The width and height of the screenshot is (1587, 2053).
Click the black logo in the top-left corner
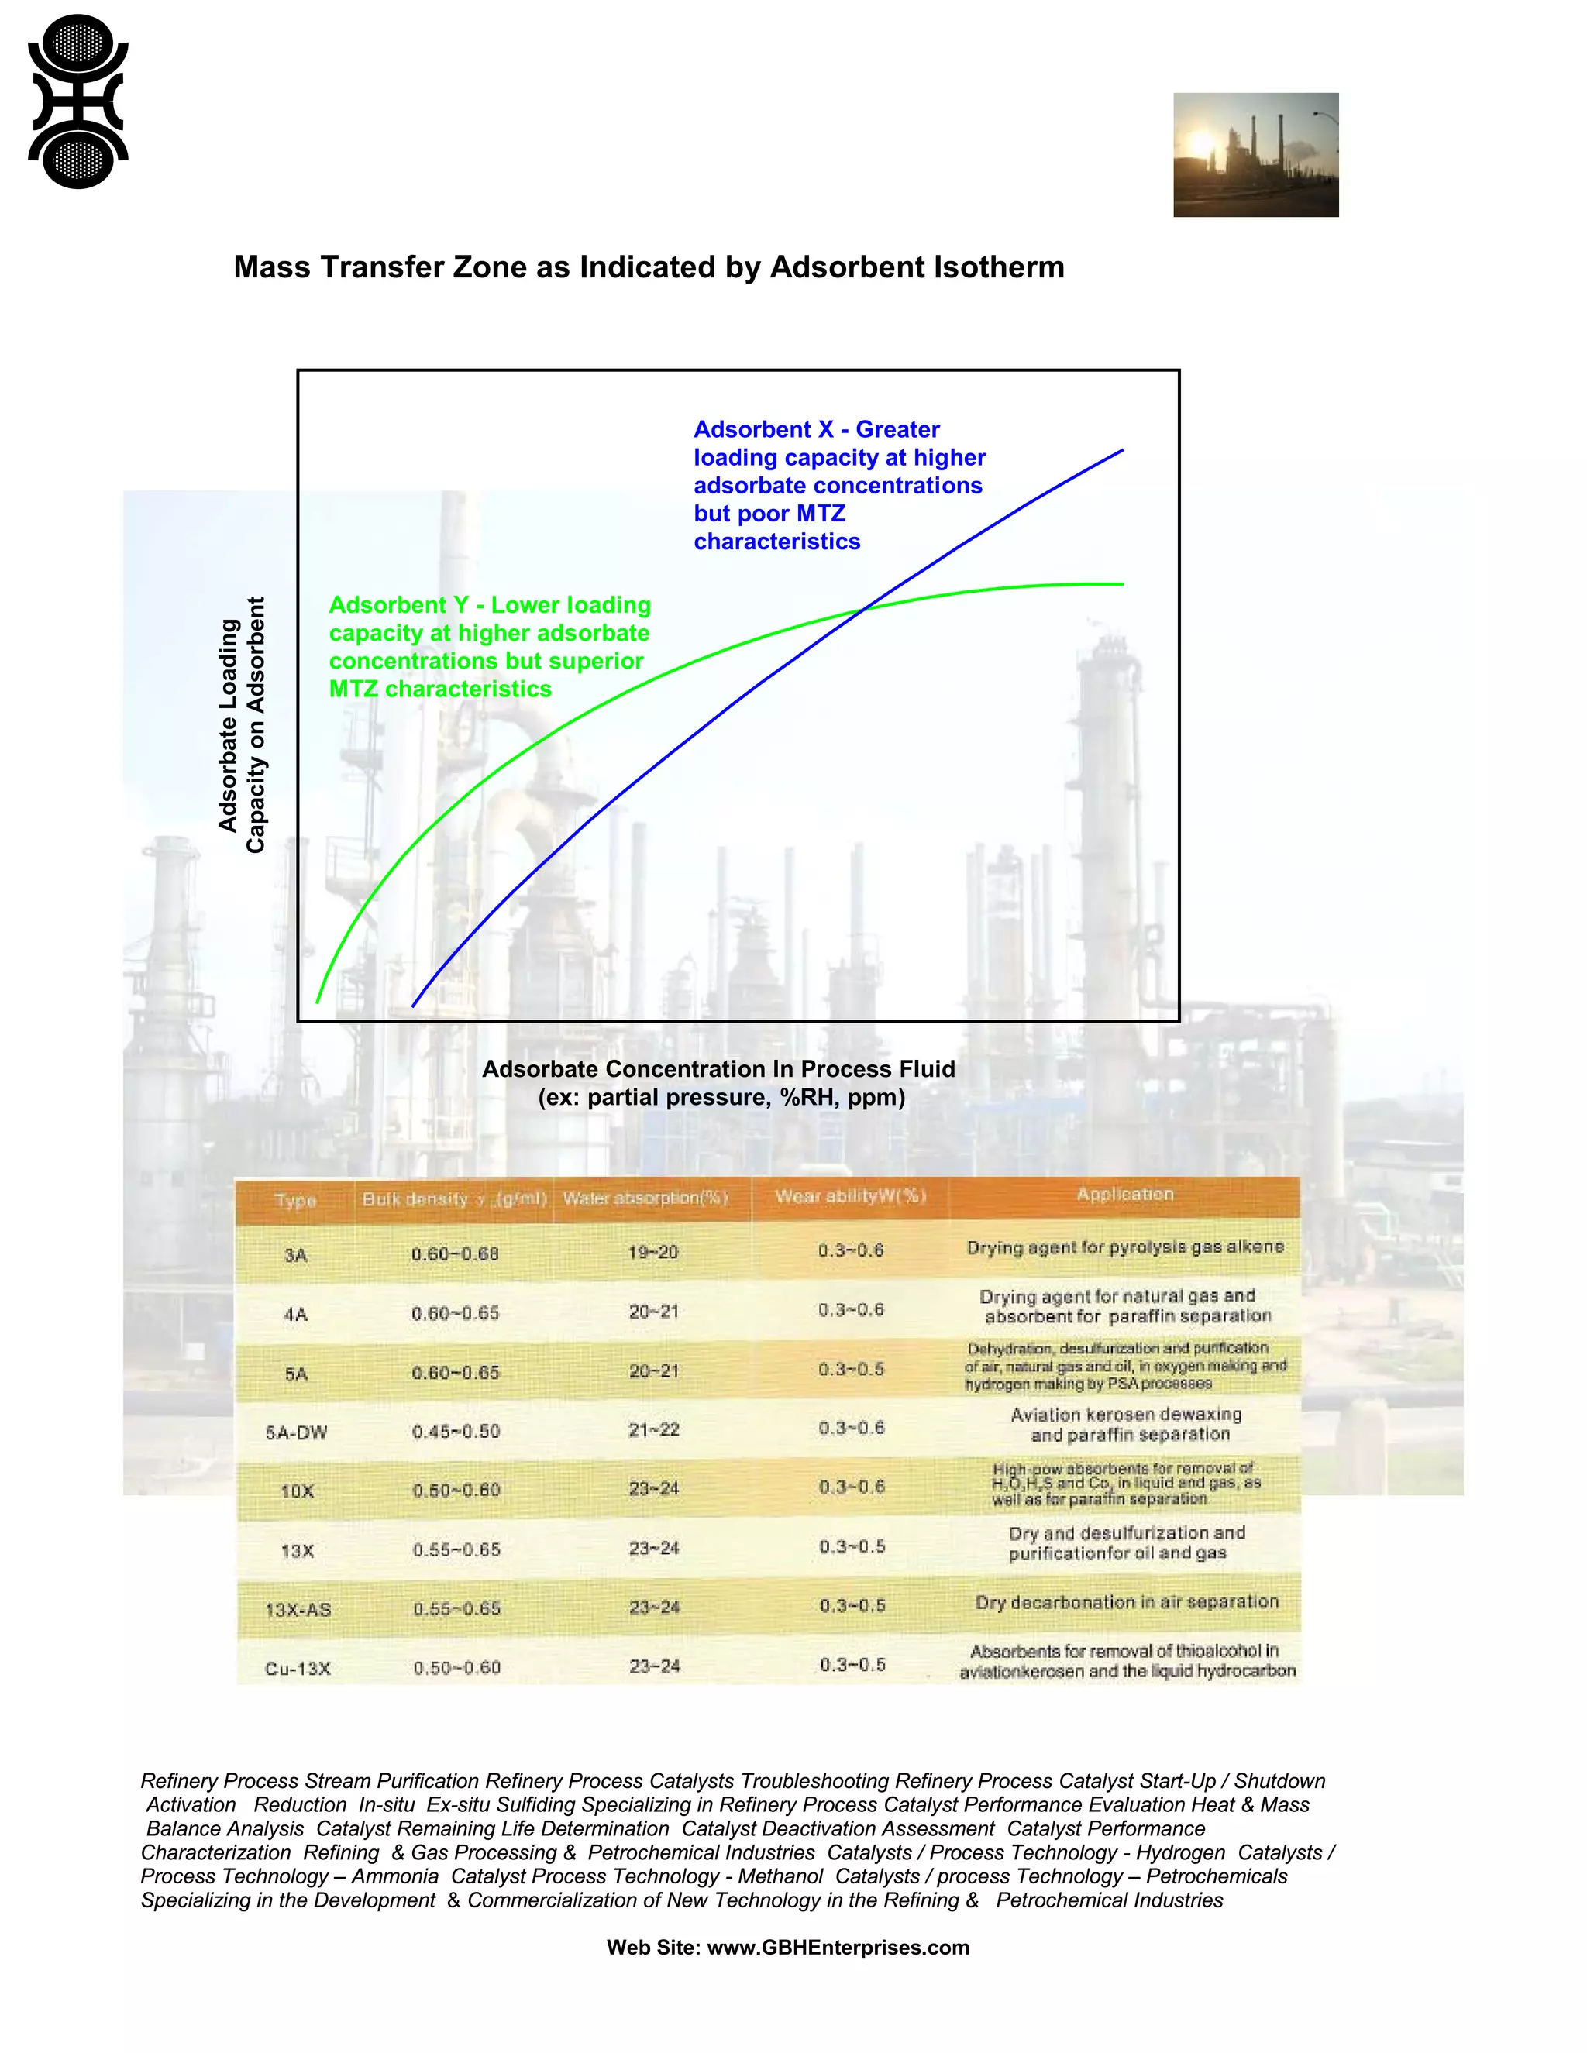point(78,101)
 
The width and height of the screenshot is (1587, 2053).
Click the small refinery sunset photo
point(1255,155)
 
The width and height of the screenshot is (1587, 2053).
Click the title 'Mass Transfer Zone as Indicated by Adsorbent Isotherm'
point(649,267)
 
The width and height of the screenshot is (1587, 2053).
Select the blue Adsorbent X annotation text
point(838,485)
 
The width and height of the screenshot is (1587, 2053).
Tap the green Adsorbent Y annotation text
point(489,647)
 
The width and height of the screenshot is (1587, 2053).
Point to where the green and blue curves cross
point(862,610)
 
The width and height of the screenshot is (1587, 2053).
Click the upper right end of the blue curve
point(1121,451)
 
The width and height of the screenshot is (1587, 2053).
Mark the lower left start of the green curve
point(318,1001)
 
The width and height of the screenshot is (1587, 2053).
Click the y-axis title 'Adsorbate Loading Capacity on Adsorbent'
point(242,725)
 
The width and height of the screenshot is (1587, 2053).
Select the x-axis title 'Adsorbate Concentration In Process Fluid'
point(718,1070)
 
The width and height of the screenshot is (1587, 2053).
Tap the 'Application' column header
point(1124,1194)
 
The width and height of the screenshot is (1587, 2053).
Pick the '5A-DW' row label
point(296,1432)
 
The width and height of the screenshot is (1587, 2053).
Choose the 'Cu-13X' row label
point(297,1669)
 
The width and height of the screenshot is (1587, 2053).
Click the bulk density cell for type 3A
point(455,1254)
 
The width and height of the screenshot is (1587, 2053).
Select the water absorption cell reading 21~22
point(653,1430)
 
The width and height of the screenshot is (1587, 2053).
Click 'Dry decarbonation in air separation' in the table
point(1126,1602)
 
